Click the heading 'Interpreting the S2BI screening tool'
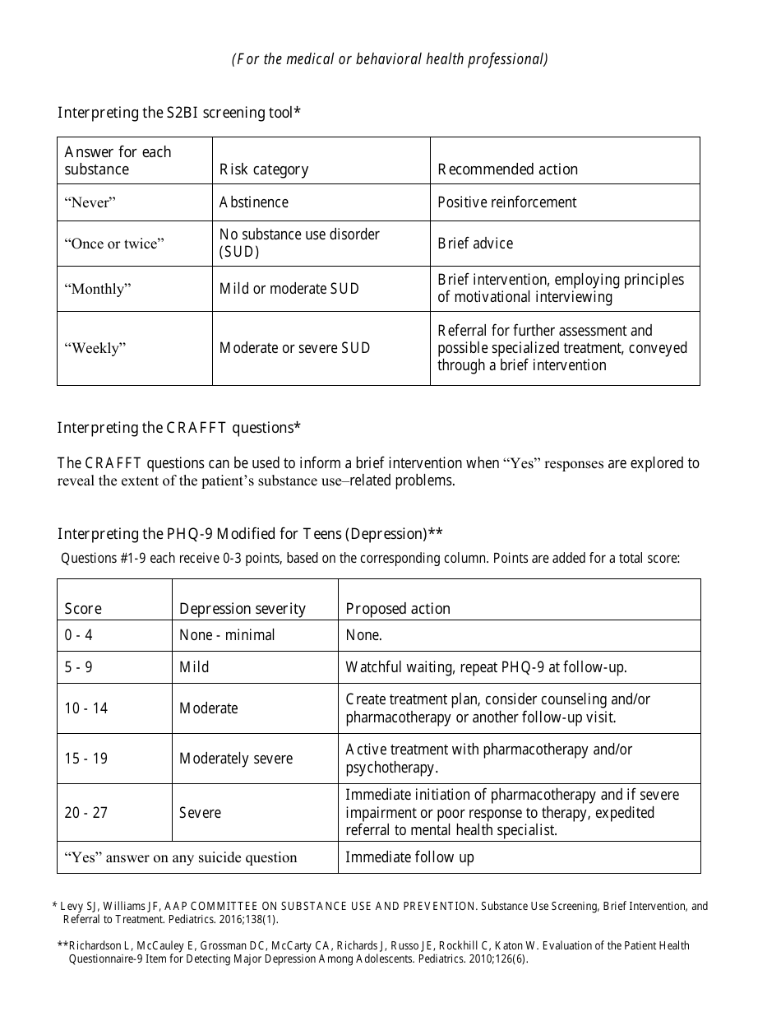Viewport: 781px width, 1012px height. point(178,113)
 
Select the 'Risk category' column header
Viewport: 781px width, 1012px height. point(264,169)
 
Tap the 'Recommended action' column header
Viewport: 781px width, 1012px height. point(507,169)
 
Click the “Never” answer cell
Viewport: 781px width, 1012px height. point(90,202)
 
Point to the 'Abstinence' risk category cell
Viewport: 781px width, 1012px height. point(254,202)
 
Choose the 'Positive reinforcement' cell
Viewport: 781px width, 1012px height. point(507,202)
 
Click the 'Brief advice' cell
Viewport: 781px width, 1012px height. point(475,244)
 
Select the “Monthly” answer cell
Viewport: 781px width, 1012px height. point(98,289)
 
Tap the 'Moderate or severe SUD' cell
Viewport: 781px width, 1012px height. point(294,348)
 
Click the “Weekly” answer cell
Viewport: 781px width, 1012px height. point(95,348)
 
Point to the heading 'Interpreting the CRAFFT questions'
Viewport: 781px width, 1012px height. point(178,428)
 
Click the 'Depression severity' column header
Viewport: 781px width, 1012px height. point(243,609)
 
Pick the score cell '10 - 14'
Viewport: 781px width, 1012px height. point(86,708)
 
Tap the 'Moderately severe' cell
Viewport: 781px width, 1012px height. point(236,759)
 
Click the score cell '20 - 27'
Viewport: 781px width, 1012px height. point(86,813)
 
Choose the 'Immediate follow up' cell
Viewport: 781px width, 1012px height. point(409,857)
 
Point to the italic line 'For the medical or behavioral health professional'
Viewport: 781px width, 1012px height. point(390,59)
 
